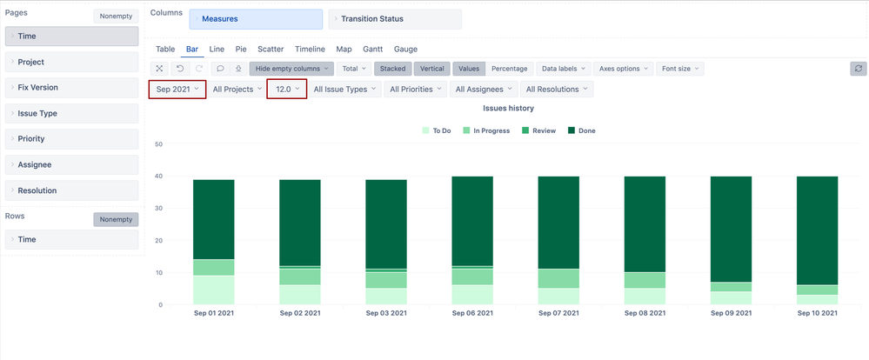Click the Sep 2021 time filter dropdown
[x=177, y=89]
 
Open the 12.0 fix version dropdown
[x=286, y=89]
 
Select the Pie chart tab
[x=241, y=50]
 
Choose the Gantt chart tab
[x=372, y=50]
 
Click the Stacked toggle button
[x=392, y=69]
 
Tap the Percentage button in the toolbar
[x=509, y=69]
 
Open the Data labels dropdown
[x=565, y=69]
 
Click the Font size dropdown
[x=679, y=69]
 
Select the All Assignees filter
[x=484, y=89]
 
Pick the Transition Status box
[x=395, y=18]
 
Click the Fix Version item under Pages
[x=71, y=87]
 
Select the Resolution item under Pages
[x=71, y=190]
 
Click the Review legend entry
[x=538, y=130]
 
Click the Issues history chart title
[x=508, y=109]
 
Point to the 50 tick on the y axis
[x=158, y=144]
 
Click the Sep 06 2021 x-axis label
[x=472, y=313]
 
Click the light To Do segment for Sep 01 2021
[x=214, y=290]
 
